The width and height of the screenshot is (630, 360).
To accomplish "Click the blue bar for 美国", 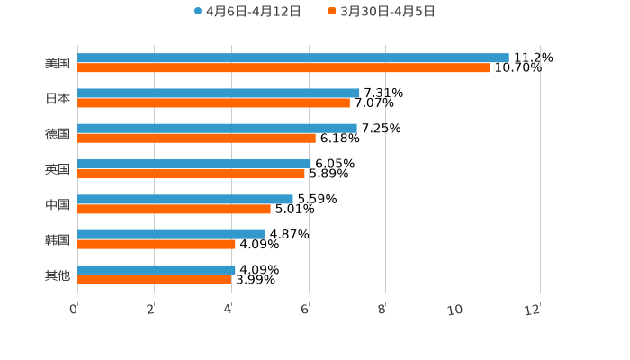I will tap(292, 58).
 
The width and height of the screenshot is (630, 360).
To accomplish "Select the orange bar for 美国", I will tap(283, 67).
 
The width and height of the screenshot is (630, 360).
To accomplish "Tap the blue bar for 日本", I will tap(219, 93).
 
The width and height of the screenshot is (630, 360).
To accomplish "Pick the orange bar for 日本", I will tap(213, 103).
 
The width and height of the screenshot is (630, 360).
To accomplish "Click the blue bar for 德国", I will tap(217, 128).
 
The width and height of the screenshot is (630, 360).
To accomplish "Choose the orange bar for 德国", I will tap(196, 138).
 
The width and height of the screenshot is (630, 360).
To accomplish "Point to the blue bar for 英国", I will tap(194, 164).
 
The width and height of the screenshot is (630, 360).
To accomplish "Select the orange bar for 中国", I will tap(174, 209).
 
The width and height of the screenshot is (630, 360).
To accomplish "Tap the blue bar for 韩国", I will tap(171, 234).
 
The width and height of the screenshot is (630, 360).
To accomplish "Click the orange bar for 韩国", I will tap(157, 244).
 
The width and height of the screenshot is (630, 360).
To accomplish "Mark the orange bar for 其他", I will tap(155, 279).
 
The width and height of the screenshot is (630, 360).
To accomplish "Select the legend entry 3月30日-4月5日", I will tap(382, 12).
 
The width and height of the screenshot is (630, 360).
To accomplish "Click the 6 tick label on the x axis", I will tap(306, 310).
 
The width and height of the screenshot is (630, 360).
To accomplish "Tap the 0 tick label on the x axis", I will tap(74, 310).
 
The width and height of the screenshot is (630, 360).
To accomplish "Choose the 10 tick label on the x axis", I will tap(456, 310).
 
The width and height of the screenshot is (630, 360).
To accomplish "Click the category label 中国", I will tap(58, 204).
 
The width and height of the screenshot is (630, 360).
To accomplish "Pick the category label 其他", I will tap(58, 274).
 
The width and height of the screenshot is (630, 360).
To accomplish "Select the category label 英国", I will tap(58, 169).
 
